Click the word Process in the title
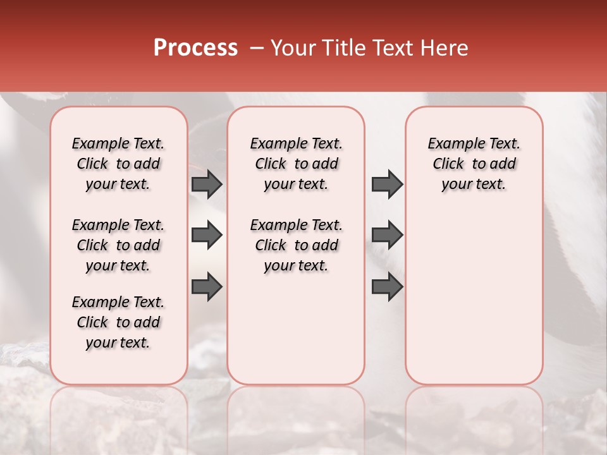click(x=195, y=48)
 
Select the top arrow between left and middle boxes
click(x=207, y=184)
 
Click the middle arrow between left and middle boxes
click(x=207, y=235)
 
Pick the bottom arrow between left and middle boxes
click(x=207, y=286)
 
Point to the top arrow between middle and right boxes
click(x=387, y=184)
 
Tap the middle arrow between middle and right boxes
click(x=387, y=235)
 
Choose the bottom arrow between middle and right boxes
click(x=387, y=286)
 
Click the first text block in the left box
click(x=118, y=164)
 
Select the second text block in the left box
click(x=118, y=245)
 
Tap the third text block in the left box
click(x=118, y=322)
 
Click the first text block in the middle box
click(x=296, y=164)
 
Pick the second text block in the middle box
click(x=296, y=245)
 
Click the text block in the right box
click(x=474, y=164)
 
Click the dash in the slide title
click(x=257, y=48)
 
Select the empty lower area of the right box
click(x=474, y=297)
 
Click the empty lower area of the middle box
click(x=296, y=329)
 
